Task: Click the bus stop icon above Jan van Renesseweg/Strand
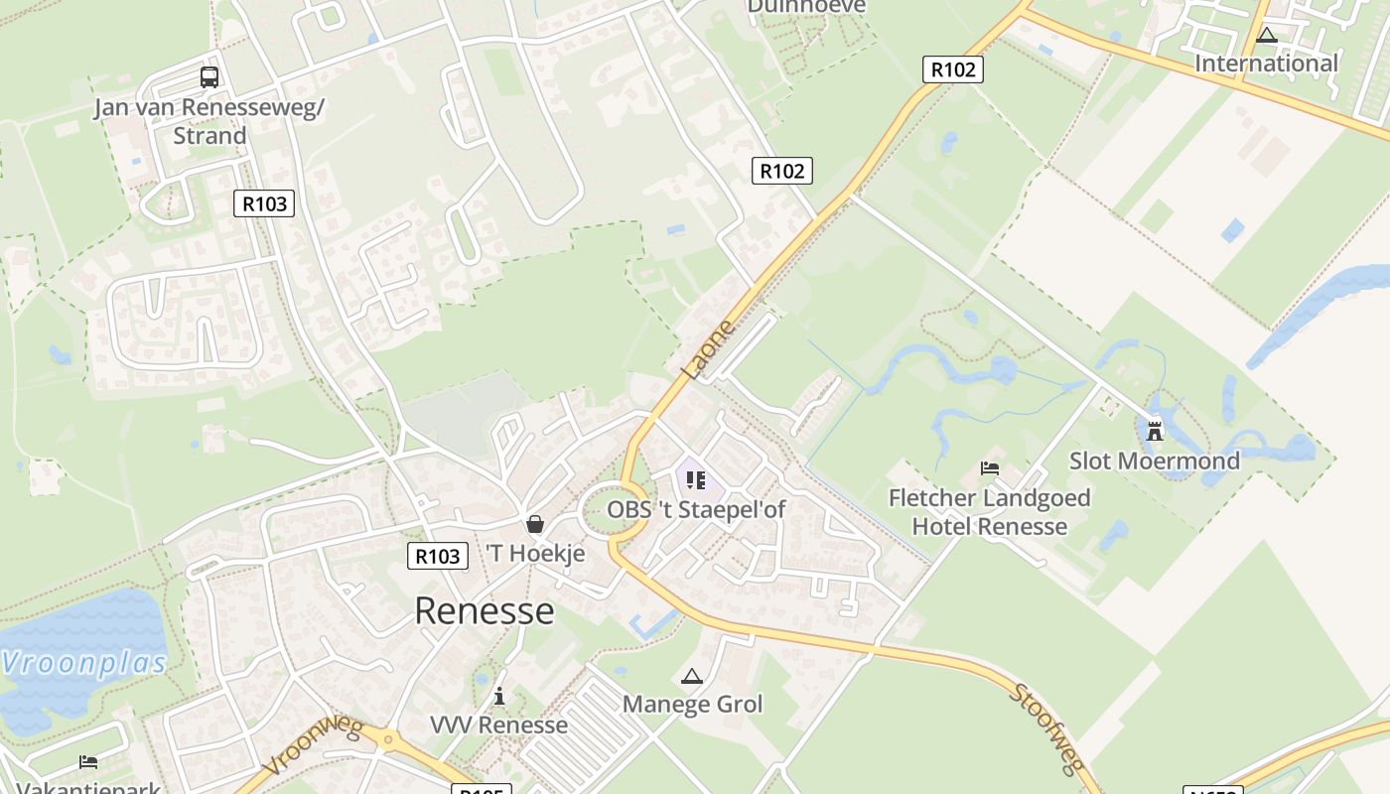[208, 76]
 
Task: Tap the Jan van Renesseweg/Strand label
[209, 121]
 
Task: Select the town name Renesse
[484, 610]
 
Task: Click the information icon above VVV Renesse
[499, 696]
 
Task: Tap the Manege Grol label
[692, 705]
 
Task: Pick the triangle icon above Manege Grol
[692, 677]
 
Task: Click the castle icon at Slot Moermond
[1154, 432]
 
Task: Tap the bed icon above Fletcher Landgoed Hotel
[989, 468]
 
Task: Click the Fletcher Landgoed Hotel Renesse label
[989, 512]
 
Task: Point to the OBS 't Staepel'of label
[696, 510]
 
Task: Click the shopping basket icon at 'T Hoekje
[535, 523]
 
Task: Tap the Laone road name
[709, 348]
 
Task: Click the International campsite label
[1266, 64]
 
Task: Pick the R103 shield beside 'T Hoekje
[437, 556]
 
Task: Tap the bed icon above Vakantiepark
[88, 762]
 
